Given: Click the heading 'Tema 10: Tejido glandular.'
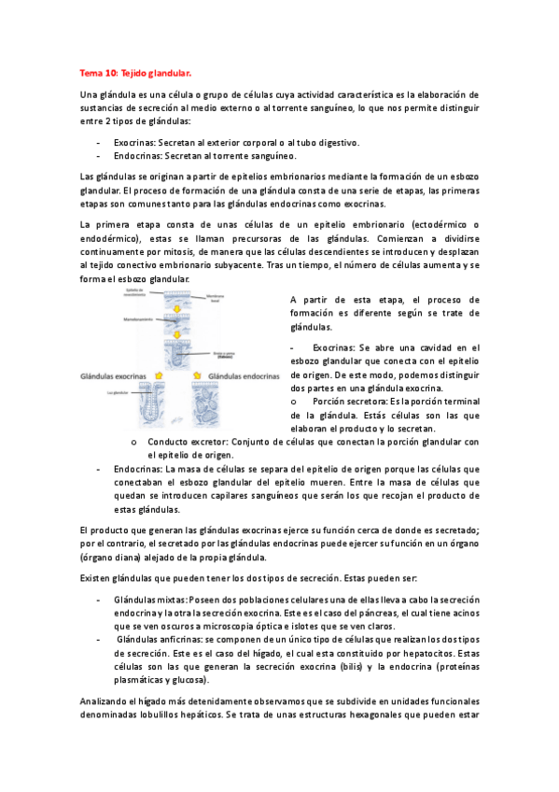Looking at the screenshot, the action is click(136, 71).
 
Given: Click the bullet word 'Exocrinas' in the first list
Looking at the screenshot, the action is click(134, 142).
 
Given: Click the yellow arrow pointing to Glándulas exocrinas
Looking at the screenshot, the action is click(160, 375).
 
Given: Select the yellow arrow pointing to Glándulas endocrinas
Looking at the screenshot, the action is click(198, 375).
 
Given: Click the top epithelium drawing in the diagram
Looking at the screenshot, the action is click(177, 300).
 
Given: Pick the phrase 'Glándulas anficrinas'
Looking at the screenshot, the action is click(153, 638).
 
